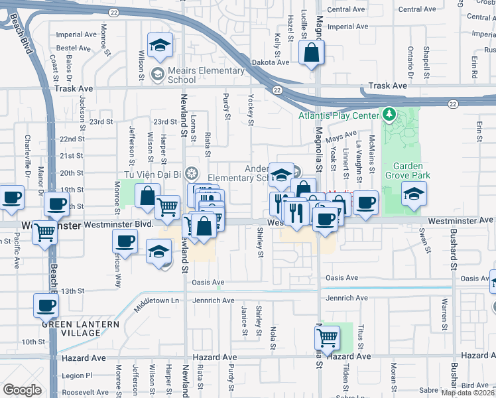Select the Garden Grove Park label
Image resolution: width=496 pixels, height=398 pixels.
click(x=412, y=170)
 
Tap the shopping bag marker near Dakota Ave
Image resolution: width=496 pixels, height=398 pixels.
click(x=312, y=53)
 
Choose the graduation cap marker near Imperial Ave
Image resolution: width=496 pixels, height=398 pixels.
click(x=160, y=45)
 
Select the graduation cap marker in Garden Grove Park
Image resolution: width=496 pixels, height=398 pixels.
click(x=414, y=194)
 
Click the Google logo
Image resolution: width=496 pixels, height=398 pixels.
click(x=22, y=390)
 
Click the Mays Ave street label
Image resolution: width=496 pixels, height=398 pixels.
click(x=341, y=137)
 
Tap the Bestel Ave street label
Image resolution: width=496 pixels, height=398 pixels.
click(x=74, y=48)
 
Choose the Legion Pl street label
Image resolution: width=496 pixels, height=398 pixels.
click(x=76, y=375)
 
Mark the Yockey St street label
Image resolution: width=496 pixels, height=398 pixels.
click(x=251, y=109)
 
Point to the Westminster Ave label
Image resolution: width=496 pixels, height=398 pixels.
click(x=460, y=220)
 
